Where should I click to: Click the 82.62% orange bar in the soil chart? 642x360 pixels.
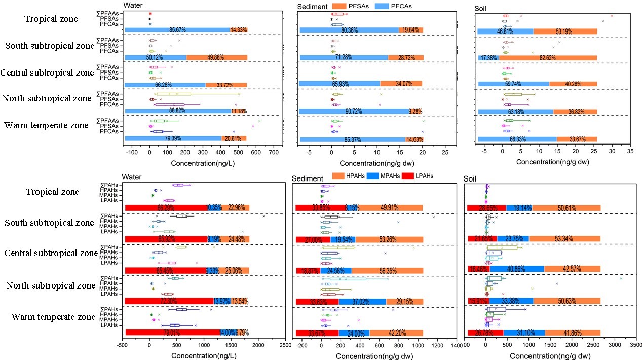click(547, 58)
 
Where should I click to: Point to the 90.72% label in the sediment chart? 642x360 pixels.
click(349, 111)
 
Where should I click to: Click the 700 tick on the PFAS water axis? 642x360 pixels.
click(372, 152)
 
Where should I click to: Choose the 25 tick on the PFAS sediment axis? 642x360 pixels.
click(444, 152)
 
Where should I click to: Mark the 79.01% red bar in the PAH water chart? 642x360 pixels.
click(172, 333)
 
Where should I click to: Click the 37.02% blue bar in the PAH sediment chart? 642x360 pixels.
click(362, 302)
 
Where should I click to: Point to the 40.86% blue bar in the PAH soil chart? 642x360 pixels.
click(517, 269)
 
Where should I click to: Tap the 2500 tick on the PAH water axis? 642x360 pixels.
click(284, 346)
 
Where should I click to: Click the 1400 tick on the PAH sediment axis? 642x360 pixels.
click(456, 346)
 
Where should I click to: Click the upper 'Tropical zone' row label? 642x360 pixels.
click(51, 19)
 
